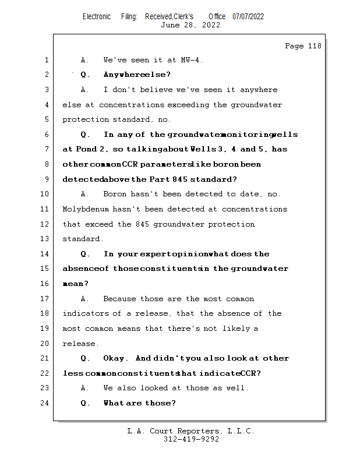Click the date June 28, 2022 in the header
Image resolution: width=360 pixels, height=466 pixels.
pyautogui.click(x=190, y=25)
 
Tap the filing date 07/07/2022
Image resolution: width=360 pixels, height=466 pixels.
pyautogui.click(x=248, y=17)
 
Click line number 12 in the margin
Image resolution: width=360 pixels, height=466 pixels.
pyautogui.click(x=45, y=224)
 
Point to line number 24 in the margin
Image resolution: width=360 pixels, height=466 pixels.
pyautogui.click(x=45, y=403)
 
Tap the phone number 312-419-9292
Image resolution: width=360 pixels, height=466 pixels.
pyautogui.click(x=191, y=440)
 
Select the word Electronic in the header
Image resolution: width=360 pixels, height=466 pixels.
pyautogui.click(x=97, y=17)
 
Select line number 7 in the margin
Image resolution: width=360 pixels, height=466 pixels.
pyautogui.click(x=45, y=149)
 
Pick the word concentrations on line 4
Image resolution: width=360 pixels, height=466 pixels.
pyautogui.click(x=131, y=105)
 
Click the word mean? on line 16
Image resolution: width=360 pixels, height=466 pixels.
pyautogui.click(x=75, y=284)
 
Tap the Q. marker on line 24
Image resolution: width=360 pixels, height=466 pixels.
pyautogui.click(x=85, y=403)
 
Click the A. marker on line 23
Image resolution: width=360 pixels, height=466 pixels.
pyautogui.click(x=85, y=388)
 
